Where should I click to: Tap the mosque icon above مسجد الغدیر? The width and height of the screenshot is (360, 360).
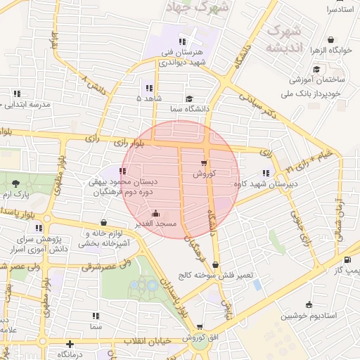pos(155,213)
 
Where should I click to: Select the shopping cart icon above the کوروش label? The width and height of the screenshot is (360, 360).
pos(204,162)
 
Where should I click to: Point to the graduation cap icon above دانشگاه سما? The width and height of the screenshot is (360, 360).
pos(188,99)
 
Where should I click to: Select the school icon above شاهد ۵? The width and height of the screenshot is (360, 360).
pos(148,88)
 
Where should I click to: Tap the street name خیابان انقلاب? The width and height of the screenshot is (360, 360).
pos(148,340)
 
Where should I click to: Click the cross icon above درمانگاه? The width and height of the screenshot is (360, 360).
pos(69,344)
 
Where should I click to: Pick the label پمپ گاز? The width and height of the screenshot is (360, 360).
pos(347,270)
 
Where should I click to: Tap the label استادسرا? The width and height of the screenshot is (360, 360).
pos(340,10)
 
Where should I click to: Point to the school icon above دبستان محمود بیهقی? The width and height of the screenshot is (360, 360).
pos(123,171)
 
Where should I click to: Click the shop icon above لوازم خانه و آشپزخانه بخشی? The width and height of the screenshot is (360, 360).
pos(104,222)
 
